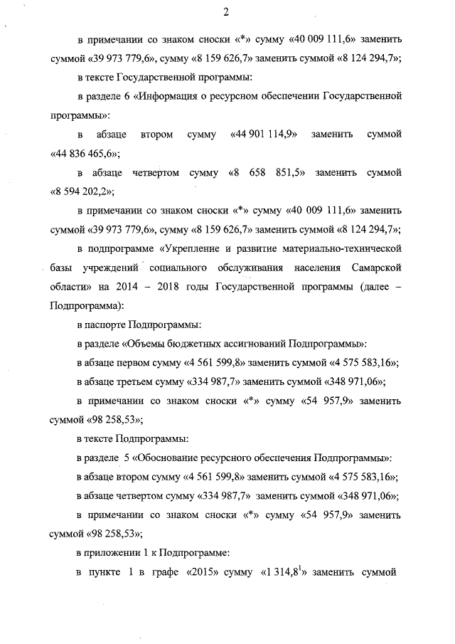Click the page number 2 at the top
pos(226,12)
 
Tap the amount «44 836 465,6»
pos(85,154)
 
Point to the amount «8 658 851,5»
pos(265,173)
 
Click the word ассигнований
pos(268,344)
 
